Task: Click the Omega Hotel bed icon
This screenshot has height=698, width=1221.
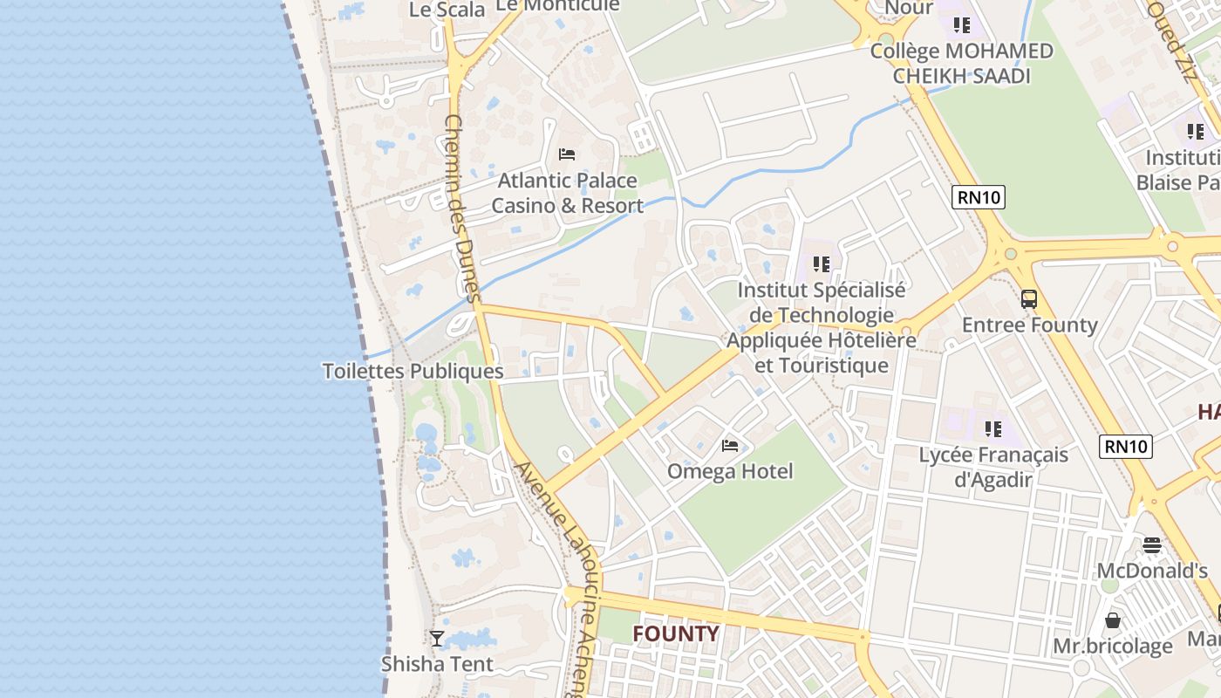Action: coord(730,446)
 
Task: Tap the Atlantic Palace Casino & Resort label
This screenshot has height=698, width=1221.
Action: coord(568,194)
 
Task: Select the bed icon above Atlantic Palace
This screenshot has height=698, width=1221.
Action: coord(567,154)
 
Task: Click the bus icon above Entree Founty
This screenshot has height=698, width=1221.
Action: coord(1029,299)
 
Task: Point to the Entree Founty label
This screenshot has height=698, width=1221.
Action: coord(1029,325)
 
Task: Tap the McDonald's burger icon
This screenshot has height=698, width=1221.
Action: coord(1152,545)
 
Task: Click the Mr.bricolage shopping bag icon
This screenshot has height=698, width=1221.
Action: coord(1113,620)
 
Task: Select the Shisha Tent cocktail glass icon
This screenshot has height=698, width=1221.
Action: coord(437,639)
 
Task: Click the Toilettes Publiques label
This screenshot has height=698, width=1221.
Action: coord(413,371)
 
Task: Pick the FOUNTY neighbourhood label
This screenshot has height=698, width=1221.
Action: coord(676,633)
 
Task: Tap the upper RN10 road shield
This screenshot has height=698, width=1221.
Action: coord(979,197)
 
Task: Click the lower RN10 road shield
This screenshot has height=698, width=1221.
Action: coord(1125,447)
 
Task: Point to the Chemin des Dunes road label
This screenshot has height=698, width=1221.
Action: coord(462,209)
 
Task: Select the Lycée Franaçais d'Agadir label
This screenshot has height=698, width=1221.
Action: coord(993,467)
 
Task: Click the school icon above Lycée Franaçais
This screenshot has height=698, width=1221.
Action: coord(993,428)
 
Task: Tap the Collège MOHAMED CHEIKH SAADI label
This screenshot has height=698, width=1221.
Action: coord(961,63)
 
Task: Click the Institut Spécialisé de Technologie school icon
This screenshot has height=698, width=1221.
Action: coord(821,263)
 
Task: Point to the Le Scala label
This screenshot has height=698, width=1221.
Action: coord(447,10)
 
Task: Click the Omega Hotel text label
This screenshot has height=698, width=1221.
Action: coord(730,472)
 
